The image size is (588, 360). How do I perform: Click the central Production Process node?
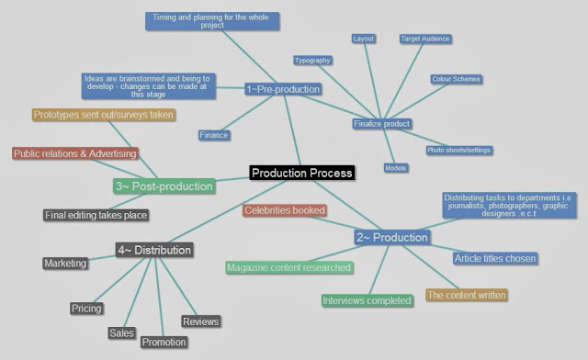point(301,172)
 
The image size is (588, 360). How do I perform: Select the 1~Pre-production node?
point(283,89)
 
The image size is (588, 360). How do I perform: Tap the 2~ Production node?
point(391,238)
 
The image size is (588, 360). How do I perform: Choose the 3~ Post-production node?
point(164,186)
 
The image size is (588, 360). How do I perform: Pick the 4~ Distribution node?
point(153,250)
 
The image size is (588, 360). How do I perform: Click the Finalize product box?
point(381,123)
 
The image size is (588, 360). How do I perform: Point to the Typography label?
point(312,60)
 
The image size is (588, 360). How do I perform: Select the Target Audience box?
point(424,39)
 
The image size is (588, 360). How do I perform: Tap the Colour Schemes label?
point(456,79)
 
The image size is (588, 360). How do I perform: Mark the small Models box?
point(396,168)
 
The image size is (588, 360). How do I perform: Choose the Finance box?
point(213,135)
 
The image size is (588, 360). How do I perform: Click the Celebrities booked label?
point(285,210)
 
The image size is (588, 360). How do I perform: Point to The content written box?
point(466,295)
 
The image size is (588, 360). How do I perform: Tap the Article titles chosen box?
point(495,258)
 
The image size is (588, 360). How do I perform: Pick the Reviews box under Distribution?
point(200,321)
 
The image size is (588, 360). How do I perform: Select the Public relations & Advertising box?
point(75,153)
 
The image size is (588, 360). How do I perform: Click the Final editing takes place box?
point(96,215)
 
